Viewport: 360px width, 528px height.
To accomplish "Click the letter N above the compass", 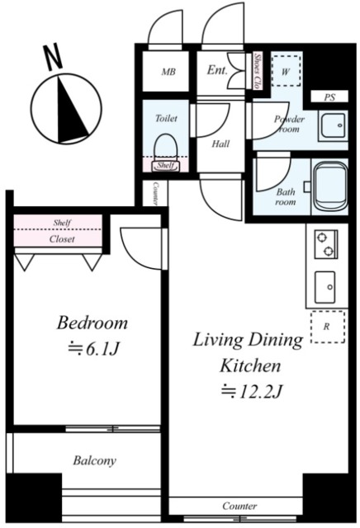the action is click(54, 57).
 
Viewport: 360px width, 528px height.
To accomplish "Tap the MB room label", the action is click(168, 72).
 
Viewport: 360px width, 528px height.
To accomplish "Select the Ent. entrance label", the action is click(216, 70).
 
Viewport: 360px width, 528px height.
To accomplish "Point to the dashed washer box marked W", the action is click(286, 71).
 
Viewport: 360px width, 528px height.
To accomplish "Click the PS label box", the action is click(329, 97).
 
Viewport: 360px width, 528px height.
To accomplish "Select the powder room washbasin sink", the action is click(333, 125).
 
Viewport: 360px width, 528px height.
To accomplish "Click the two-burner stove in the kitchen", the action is click(326, 244).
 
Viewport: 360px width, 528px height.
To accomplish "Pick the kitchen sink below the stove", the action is click(325, 287).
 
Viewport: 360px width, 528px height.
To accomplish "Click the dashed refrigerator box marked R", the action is click(328, 327).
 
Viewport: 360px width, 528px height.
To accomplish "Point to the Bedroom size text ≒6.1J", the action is click(92, 350).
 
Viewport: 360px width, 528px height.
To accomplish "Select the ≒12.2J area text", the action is click(251, 391).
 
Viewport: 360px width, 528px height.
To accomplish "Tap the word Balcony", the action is click(95, 460).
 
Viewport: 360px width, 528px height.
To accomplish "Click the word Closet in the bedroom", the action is click(62, 239).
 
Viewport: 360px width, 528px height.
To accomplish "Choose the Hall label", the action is click(220, 144).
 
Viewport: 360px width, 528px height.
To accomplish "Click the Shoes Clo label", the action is click(258, 71).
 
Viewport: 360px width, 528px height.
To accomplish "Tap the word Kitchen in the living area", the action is click(250, 365).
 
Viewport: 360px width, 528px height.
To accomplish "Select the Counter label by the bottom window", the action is click(239, 506).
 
